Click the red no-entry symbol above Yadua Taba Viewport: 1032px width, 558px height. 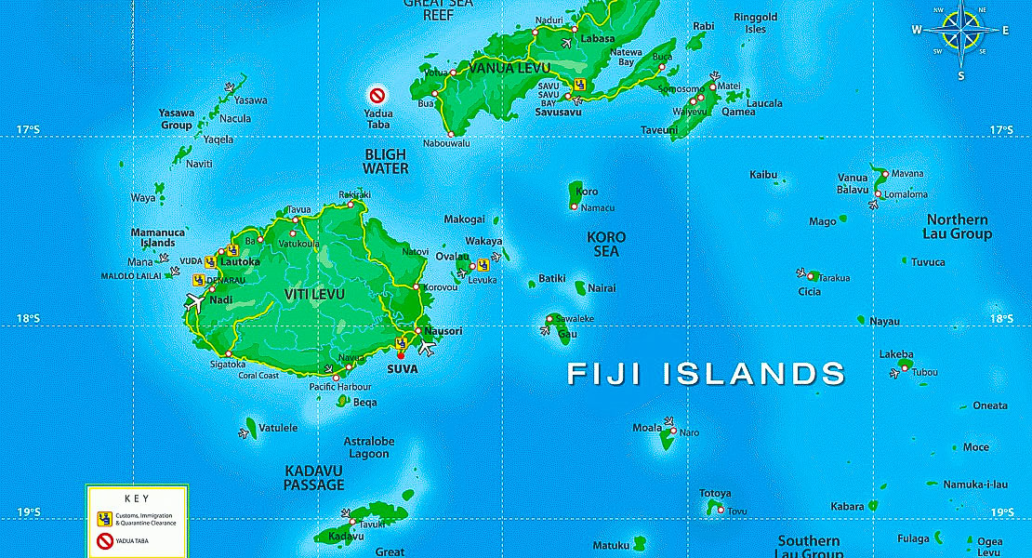pos(377,95)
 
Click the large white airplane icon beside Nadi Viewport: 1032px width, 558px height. pos(195,301)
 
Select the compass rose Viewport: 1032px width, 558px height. pos(961,32)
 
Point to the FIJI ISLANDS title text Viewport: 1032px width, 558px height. pos(707,374)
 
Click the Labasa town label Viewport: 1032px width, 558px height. pos(598,39)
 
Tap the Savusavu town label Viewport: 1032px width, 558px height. pos(558,112)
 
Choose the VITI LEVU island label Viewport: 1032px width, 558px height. pos(314,295)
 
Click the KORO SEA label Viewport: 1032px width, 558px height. pos(606,244)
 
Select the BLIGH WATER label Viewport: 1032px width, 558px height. pos(386,161)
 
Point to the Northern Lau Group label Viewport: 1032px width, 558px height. pos(957,227)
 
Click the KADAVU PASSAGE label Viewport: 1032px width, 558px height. pos(314,477)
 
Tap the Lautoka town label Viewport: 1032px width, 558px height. pos(240,262)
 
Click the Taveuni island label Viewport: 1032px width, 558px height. pos(659,130)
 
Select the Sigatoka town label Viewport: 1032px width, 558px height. pos(228,364)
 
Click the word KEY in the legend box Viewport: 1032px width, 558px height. pos(136,498)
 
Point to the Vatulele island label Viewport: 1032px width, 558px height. pos(278,428)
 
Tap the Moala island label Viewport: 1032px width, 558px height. pos(647,428)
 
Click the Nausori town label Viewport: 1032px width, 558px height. pos(443,331)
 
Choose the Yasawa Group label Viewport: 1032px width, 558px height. pos(176,119)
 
